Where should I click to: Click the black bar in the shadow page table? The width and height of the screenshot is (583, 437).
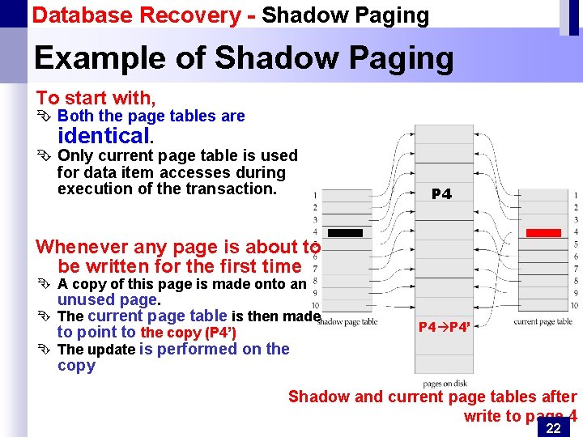346,233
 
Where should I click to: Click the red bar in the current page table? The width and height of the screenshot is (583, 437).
543,233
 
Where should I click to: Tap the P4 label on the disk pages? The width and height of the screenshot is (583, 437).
442,194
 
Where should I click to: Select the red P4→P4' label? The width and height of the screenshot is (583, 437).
444,327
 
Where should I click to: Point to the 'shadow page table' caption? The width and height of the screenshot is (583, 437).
347,322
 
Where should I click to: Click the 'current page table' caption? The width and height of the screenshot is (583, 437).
543,322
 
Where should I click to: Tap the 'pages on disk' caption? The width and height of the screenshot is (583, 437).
444,383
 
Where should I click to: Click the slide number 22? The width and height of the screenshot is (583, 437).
553,428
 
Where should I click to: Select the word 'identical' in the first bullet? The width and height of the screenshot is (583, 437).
103,135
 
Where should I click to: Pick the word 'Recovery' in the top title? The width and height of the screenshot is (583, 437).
190,15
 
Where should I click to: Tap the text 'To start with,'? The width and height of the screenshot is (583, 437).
96,98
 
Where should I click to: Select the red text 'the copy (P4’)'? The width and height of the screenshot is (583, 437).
189,333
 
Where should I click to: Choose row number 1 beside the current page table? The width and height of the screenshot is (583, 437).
575,195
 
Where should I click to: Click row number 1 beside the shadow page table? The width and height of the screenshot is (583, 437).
315,195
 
